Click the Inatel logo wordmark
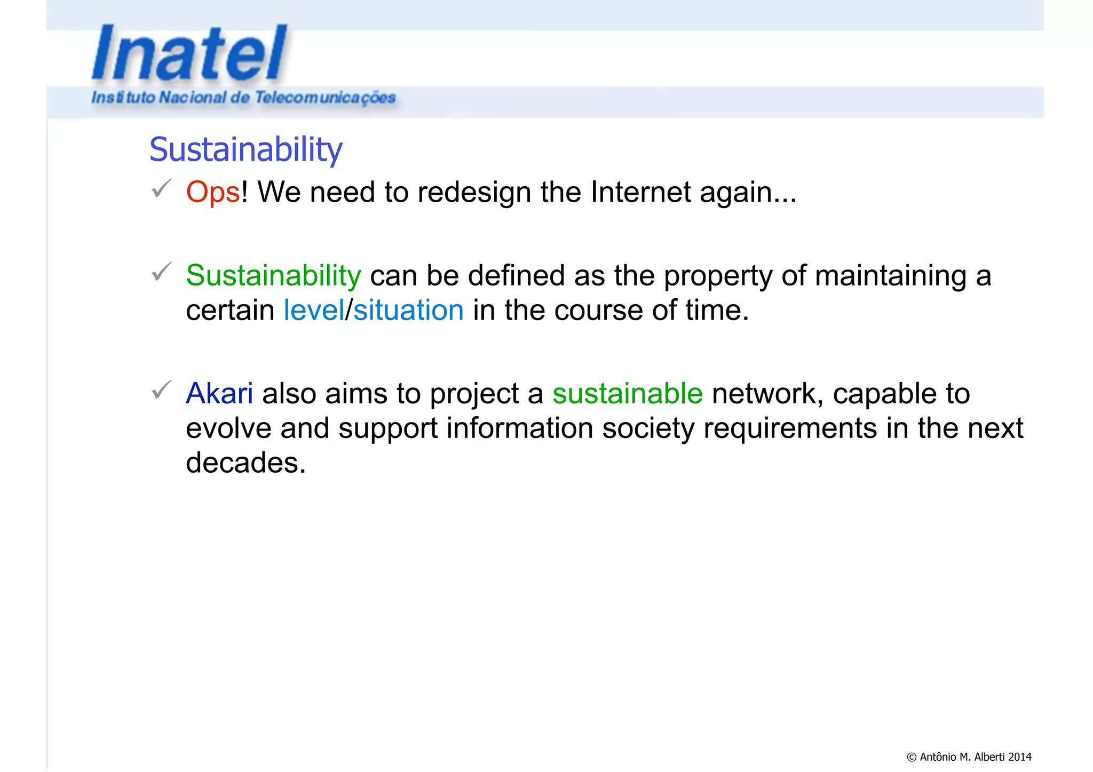coord(189,53)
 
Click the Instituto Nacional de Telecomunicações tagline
coord(243,98)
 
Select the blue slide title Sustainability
coord(245,149)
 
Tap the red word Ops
coord(213,192)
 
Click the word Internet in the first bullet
coord(640,192)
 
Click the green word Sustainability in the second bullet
coord(273,276)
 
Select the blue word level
coord(314,311)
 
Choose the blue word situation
coord(408,311)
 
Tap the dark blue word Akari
coord(219,394)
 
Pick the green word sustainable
coord(627,394)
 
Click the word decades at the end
coord(245,463)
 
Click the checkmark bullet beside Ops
coord(161,188)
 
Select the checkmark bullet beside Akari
coord(161,390)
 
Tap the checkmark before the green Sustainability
coord(161,272)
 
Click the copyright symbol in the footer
coord(912,757)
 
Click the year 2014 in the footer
coord(1019,757)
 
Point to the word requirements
coord(790,429)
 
